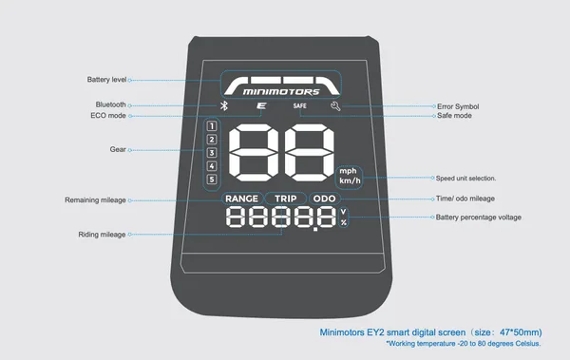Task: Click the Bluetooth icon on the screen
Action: [x=224, y=105]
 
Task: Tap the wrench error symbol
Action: [x=335, y=106]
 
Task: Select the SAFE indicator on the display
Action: [x=300, y=105]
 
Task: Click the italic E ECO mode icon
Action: [x=261, y=105]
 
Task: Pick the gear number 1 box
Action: [x=212, y=126]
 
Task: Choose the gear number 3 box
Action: [x=212, y=153]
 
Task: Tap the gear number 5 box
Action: [x=212, y=180]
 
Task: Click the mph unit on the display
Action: [x=348, y=171]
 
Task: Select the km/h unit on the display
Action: [x=350, y=180]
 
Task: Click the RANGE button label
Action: [x=241, y=199]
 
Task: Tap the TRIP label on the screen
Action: [x=285, y=199]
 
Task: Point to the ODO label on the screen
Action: [x=324, y=199]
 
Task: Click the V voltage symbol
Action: [x=344, y=212]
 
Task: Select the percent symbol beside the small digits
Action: [x=344, y=222]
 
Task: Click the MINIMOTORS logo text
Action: [x=281, y=91]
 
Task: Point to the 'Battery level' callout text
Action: [x=106, y=80]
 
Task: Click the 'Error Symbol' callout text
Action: [x=458, y=106]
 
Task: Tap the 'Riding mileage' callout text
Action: [x=103, y=235]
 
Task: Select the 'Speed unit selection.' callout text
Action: [x=465, y=179]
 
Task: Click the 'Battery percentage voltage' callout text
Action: [x=479, y=218]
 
